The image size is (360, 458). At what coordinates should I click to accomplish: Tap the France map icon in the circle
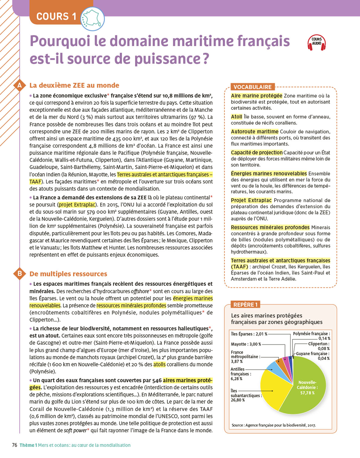pyautogui.click(x=92, y=19)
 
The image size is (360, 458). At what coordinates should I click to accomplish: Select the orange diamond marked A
pyautogui.click(x=20, y=85)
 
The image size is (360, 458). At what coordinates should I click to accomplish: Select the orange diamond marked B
pyautogui.click(x=20, y=274)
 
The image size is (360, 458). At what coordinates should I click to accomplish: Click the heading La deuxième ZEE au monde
pyautogui.click(x=74, y=85)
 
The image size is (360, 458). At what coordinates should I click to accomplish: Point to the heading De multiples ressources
pyautogui.click(x=68, y=274)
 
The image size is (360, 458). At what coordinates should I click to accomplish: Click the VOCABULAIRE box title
pyautogui.click(x=252, y=87)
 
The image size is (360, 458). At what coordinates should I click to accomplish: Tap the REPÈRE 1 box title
pyautogui.click(x=245, y=305)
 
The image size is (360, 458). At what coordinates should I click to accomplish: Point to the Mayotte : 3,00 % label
pyautogui.click(x=246, y=344)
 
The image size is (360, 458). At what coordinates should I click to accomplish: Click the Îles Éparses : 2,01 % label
pyautogui.click(x=249, y=334)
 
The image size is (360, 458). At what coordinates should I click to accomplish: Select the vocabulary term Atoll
pyautogui.click(x=237, y=117)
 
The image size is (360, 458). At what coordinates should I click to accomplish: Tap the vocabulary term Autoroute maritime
pyautogui.click(x=255, y=132)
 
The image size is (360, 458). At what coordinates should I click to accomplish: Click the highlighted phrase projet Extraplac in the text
pyautogui.click(x=77, y=205)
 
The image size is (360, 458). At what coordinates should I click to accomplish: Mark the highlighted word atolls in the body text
pyautogui.click(x=159, y=364)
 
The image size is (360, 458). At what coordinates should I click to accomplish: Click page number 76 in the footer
pyautogui.click(x=14, y=445)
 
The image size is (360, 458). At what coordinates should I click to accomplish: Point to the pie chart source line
pyautogui.click(x=274, y=425)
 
